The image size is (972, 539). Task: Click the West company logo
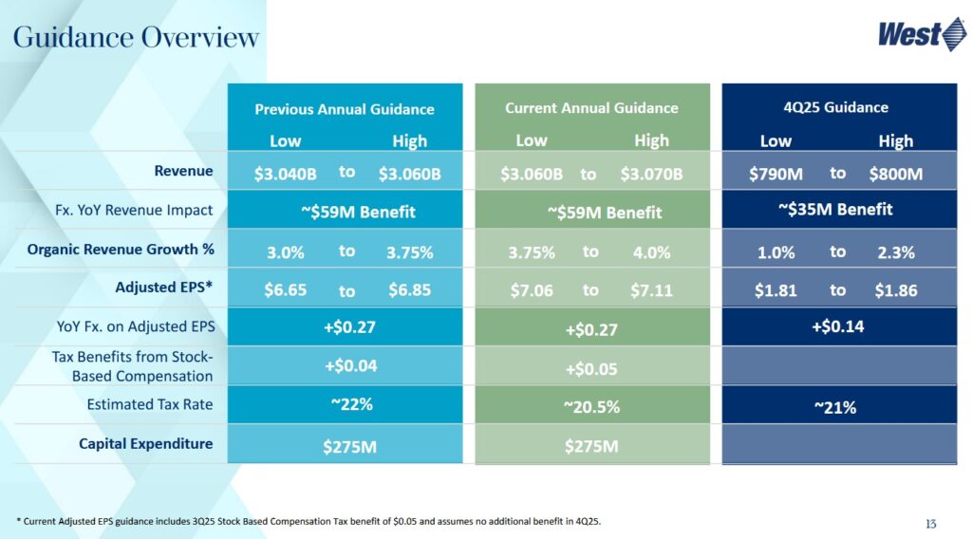(x=908, y=34)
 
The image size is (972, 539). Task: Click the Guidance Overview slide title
(x=136, y=37)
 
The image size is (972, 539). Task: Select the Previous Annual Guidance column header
(x=345, y=109)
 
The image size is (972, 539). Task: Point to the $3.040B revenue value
(x=285, y=174)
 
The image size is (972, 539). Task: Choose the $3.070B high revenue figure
(x=651, y=175)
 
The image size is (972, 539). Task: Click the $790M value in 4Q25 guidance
(x=776, y=174)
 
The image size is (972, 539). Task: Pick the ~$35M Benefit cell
(x=836, y=209)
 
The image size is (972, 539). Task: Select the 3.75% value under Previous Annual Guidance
(x=409, y=252)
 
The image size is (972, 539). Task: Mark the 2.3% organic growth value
(x=896, y=252)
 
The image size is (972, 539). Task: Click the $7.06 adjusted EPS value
(x=531, y=290)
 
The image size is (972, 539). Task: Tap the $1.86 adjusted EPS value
(x=896, y=290)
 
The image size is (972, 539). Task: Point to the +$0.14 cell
(x=836, y=325)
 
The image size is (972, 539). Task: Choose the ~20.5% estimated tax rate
(x=590, y=406)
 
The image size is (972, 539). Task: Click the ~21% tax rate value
(x=836, y=407)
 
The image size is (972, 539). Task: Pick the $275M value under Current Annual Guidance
(x=590, y=445)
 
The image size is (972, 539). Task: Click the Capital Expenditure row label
(x=146, y=443)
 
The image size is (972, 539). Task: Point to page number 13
(x=931, y=523)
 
